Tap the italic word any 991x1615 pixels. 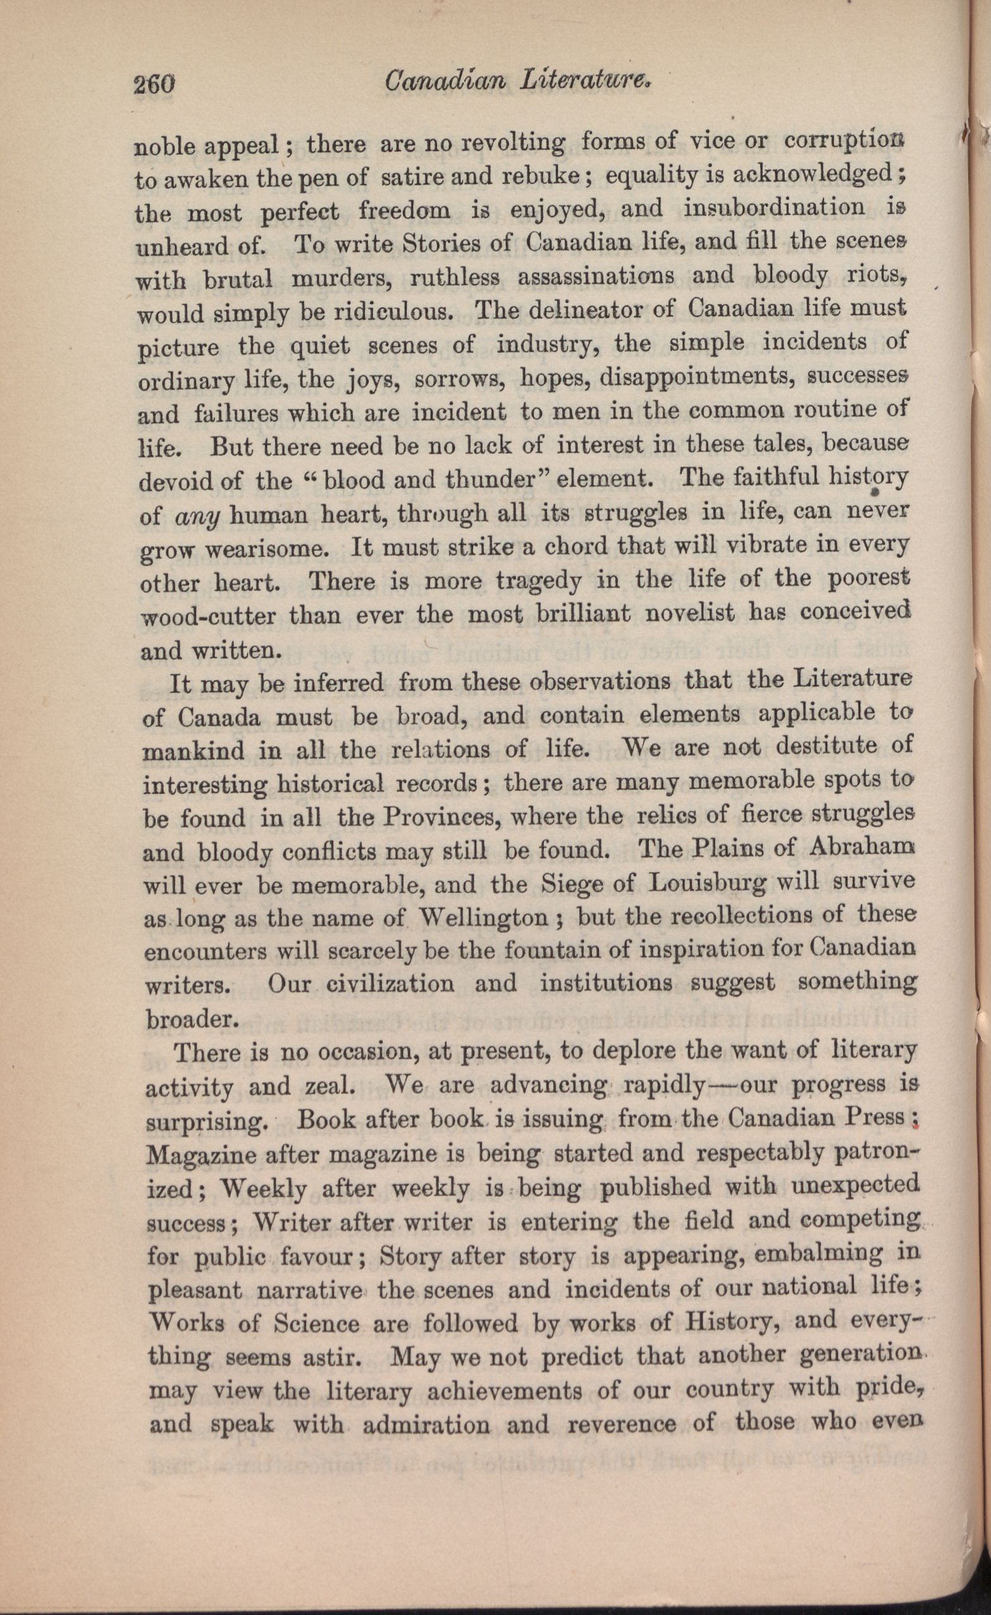pyautogui.click(x=200, y=517)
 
